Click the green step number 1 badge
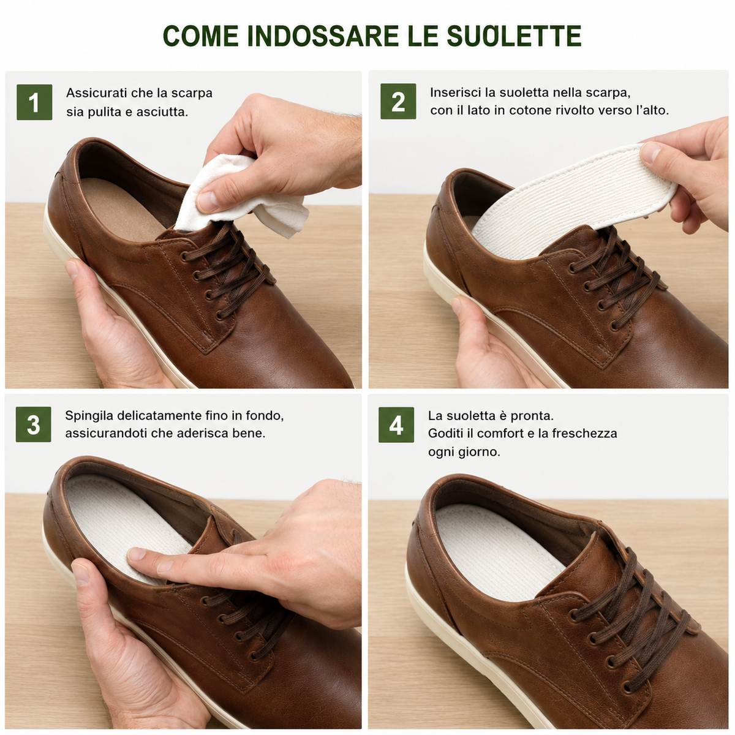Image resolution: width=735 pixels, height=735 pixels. [34, 102]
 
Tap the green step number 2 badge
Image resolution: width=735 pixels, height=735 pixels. [398, 102]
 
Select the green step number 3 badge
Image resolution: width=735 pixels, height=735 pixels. [34, 424]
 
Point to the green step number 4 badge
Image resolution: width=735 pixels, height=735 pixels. [396, 425]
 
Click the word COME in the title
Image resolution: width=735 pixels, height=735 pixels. [201, 36]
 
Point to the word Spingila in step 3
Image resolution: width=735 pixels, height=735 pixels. [89, 416]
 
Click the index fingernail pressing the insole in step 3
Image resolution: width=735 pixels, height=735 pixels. [136, 554]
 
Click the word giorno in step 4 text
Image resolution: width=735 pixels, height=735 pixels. [477, 453]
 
